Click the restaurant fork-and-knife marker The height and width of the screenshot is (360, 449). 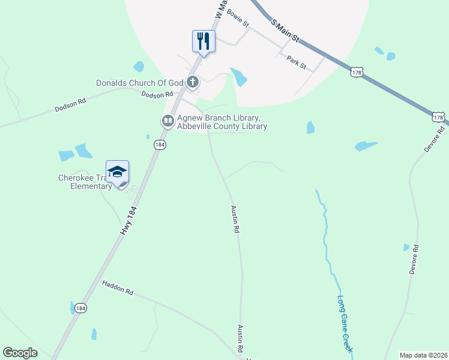[x=203, y=41]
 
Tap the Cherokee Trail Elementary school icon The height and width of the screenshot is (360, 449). [x=117, y=171]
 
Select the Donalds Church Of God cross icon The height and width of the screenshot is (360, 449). [x=193, y=82]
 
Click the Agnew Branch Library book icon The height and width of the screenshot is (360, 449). [x=167, y=121]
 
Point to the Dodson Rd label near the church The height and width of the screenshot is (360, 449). [x=157, y=94]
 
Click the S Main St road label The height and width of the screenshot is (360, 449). [x=285, y=31]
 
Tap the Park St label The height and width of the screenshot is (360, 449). [x=297, y=60]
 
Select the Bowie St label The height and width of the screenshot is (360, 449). [x=239, y=19]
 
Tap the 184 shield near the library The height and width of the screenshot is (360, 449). [x=159, y=145]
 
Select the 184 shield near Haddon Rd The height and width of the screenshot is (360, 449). [x=80, y=308]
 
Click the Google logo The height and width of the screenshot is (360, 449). [x=20, y=353]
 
